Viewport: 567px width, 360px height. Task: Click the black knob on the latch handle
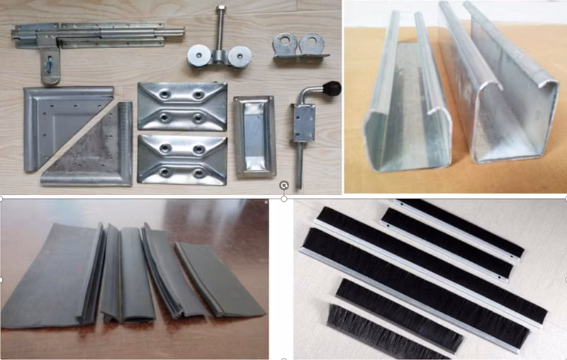point(331,89)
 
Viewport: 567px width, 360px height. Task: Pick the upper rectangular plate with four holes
point(182,105)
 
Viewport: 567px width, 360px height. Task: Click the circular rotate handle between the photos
point(283,186)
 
